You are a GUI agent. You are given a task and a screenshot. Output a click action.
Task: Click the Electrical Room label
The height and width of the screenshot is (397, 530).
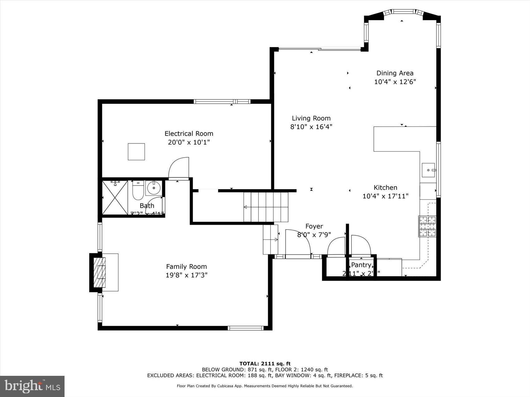click(x=189, y=134)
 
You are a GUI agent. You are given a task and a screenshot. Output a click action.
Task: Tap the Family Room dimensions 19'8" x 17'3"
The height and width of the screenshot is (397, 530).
click(x=186, y=275)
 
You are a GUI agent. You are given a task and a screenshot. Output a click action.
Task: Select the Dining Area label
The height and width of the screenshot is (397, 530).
click(x=395, y=73)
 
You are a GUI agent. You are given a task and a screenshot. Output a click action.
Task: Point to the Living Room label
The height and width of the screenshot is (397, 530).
click(x=311, y=118)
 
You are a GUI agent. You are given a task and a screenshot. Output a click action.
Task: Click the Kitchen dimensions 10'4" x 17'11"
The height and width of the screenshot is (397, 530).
click(x=385, y=196)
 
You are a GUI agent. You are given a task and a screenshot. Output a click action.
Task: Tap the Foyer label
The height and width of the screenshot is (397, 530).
click(x=314, y=226)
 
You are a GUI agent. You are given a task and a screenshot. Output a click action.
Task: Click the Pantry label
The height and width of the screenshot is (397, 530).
click(x=361, y=265)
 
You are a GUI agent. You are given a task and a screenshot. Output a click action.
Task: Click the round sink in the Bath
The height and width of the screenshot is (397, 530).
click(x=153, y=188)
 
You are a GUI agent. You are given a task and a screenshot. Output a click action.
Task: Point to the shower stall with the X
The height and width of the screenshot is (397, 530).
click(x=115, y=197)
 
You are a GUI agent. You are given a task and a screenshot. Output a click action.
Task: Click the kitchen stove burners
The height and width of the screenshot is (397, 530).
click(x=427, y=226)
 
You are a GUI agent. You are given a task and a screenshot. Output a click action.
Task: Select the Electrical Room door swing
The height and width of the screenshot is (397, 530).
click(x=180, y=168)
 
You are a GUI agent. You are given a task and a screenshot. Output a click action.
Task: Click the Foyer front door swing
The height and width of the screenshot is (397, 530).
click(x=298, y=242)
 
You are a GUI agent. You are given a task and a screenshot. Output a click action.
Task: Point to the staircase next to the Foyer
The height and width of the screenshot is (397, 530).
click(x=266, y=207)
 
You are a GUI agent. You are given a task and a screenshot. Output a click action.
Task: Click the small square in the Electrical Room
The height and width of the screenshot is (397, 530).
click(x=136, y=152)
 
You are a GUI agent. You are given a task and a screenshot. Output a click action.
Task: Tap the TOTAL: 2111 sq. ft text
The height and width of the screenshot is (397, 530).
click(x=265, y=363)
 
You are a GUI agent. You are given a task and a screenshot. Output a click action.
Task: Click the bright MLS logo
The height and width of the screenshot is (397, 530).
click(x=32, y=386)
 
